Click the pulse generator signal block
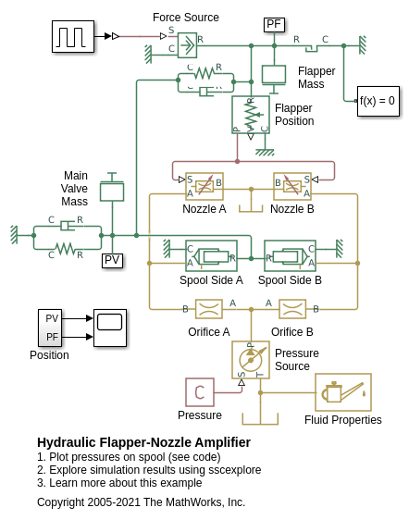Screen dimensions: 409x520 pyautogui.click(x=73, y=36)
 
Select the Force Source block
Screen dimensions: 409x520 pyautogui.click(x=188, y=45)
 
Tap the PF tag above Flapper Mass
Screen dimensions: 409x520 pyautogui.click(x=274, y=25)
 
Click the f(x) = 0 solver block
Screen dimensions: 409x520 pyautogui.click(x=378, y=101)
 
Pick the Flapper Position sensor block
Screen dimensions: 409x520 pyautogui.click(x=251, y=115)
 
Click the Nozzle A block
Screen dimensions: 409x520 pyautogui.click(x=204, y=186)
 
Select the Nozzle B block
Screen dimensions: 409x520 pyautogui.click(x=292, y=186)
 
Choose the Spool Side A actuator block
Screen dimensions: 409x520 pyautogui.click(x=211, y=255)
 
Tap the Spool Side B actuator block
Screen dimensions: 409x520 pyautogui.click(x=290, y=255)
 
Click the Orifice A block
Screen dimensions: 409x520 pyautogui.click(x=208, y=309)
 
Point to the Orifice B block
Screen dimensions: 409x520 pyautogui.click(x=292, y=309)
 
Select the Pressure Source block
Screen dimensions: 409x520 pyautogui.click(x=251, y=360)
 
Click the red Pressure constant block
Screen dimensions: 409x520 pyautogui.click(x=200, y=392)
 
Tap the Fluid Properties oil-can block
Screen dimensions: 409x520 pyautogui.click(x=343, y=392)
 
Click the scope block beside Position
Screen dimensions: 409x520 pyautogui.click(x=110, y=328)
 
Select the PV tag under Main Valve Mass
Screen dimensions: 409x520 pyautogui.click(x=112, y=261)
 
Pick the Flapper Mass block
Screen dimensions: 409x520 pyautogui.click(x=274, y=76)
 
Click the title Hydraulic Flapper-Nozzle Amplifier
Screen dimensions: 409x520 pyautogui.click(x=143, y=442)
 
